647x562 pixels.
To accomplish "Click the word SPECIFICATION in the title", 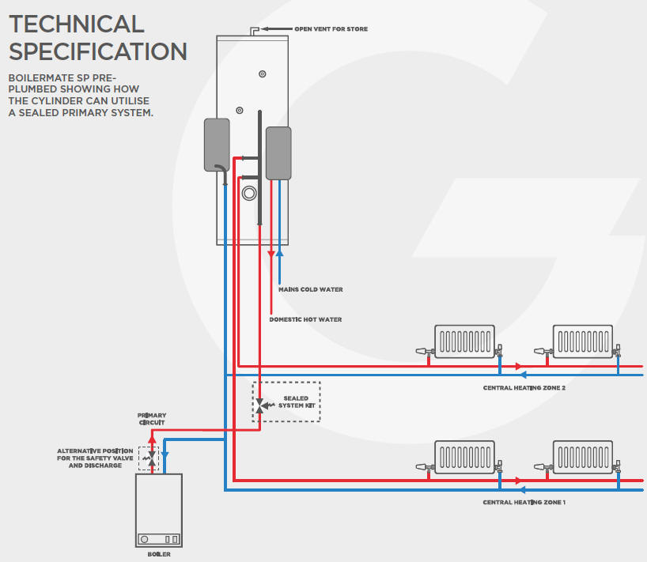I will coord(98,52).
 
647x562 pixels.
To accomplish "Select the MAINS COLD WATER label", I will coord(310,289).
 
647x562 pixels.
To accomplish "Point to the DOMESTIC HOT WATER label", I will coord(305,319).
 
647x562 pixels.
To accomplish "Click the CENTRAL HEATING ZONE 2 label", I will coord(524,388).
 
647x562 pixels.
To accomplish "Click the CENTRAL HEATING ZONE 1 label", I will coord(524,502).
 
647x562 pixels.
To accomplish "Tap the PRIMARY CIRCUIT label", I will coord(152,419).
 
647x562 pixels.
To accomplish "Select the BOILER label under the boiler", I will coord(158,554).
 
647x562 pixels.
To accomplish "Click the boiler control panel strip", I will coord(158,539).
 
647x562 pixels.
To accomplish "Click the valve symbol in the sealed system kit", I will coord(260,405).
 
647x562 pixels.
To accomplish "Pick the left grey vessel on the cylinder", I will coord(217,145).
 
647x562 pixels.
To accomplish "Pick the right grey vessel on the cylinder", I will coord(278,153).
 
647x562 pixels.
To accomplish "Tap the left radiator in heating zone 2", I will coord(464,341).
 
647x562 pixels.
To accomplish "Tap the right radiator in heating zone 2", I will coord(583,341).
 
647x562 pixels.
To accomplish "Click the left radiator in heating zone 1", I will coord(464,457).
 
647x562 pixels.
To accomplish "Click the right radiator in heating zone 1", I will coord(583,457).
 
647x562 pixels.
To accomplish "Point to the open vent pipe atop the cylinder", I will coord(255,31).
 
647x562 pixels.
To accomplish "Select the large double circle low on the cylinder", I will coord(250,193).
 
